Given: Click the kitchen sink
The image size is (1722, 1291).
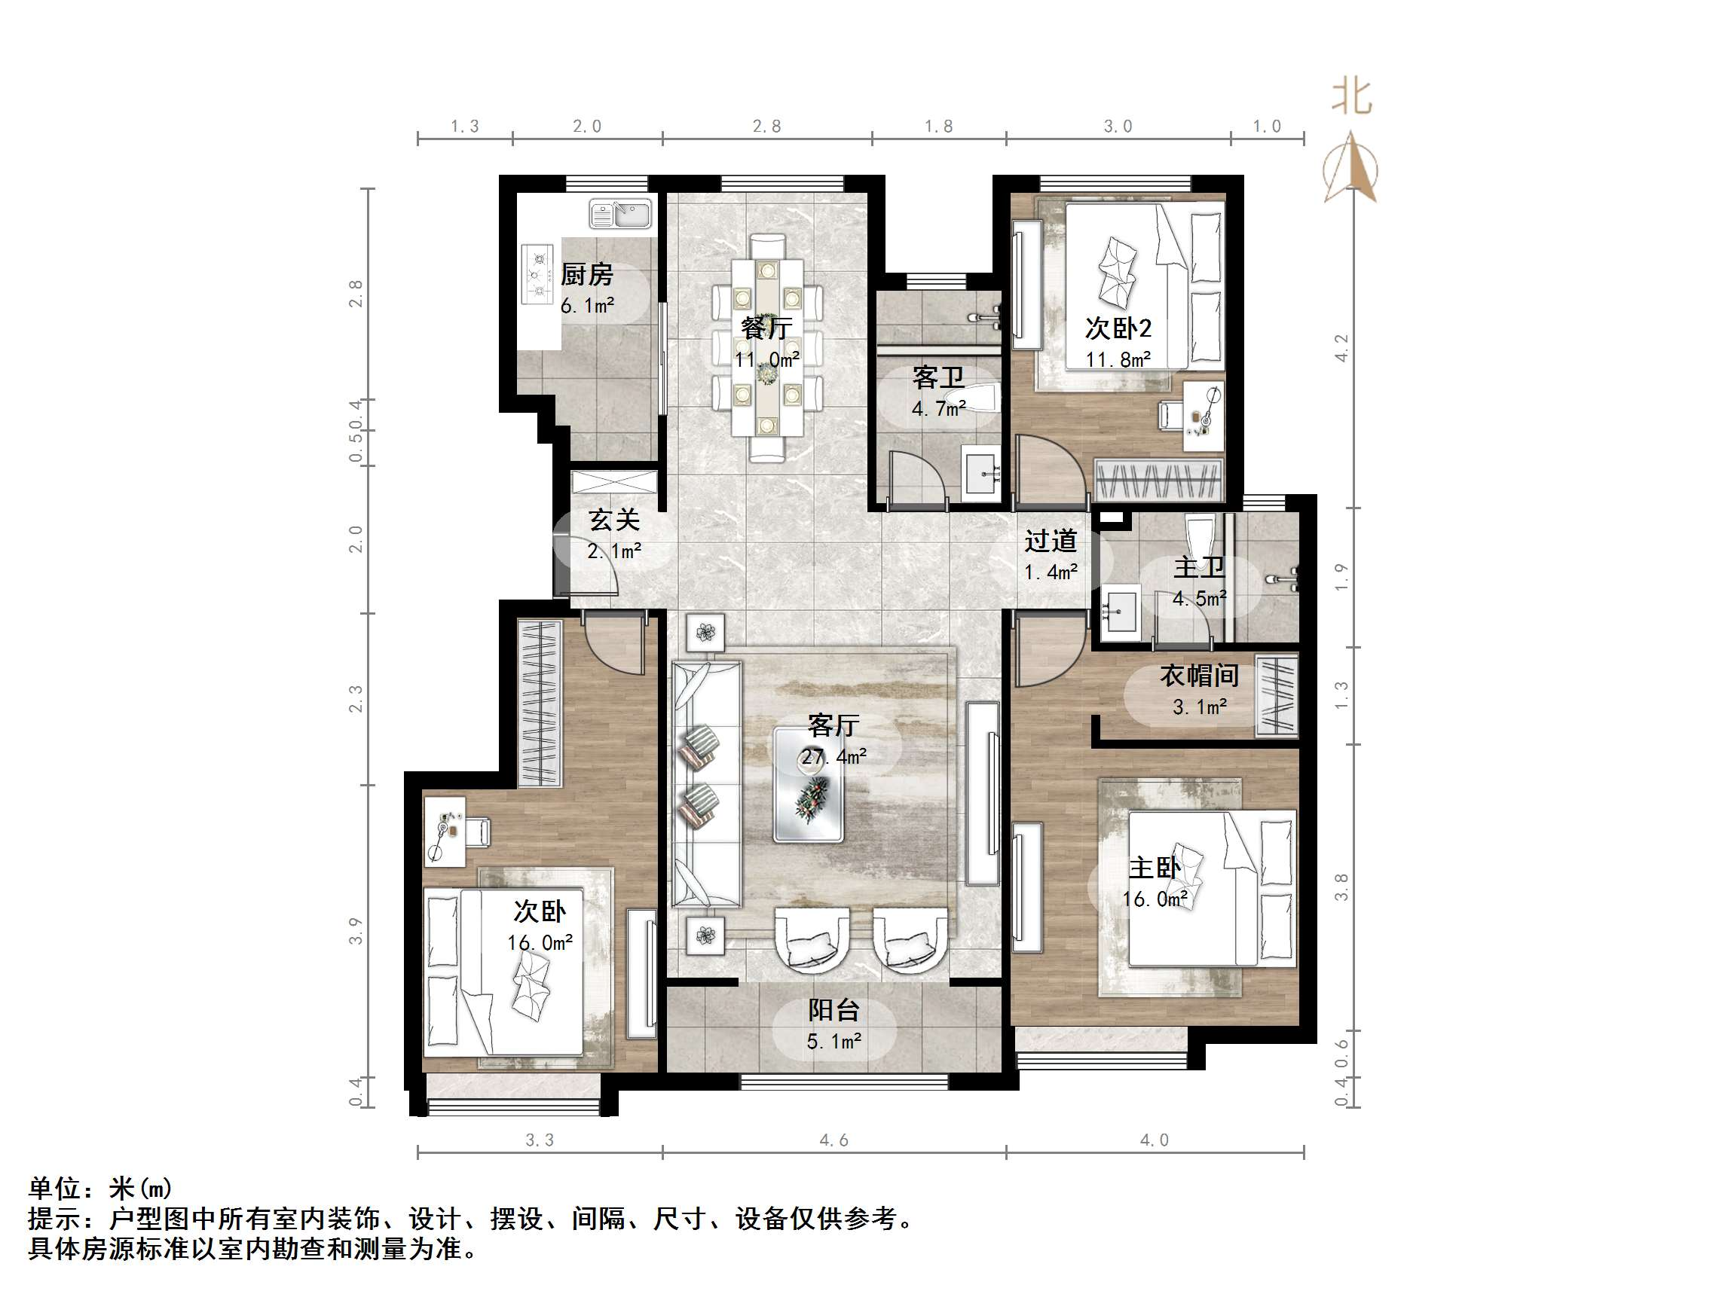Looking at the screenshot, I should [620, 214].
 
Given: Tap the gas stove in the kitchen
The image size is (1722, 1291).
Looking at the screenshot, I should [537, 274].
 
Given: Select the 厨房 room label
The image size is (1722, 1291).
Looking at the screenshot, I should [587, 275].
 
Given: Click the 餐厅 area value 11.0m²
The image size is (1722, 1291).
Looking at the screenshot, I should [767, 360].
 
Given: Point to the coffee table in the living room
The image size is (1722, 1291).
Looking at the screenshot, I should [808, 784].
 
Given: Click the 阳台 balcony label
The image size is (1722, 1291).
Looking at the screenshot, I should [833, 1010].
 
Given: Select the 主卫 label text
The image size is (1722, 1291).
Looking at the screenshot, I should [1199, 568].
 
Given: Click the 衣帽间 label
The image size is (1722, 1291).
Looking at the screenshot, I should [1199, 676].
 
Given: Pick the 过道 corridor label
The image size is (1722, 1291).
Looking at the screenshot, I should [1051, 541].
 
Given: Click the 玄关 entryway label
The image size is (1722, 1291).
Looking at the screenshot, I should [614, 520].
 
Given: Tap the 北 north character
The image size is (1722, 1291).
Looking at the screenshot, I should [1350, 97].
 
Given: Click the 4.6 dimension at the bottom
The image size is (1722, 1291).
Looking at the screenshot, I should [833, 1141].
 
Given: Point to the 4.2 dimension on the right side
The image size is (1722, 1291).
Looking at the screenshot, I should [1341, 347].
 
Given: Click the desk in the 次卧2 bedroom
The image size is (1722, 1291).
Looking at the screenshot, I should [1203, 416].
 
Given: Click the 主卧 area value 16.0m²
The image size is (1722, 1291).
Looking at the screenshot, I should [1155, 899].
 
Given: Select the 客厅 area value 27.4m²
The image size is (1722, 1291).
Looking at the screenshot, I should [833, 756].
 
